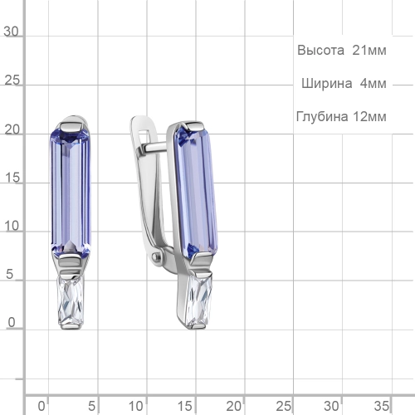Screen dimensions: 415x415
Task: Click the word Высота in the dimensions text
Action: (x=320, y=51)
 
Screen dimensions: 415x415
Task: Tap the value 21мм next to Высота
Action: (x=369, y=51)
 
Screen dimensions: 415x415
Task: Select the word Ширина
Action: (x=327, y=83)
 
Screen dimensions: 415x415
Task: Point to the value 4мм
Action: (x=373, y=83)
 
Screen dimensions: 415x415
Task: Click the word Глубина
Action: (x=322, y=116)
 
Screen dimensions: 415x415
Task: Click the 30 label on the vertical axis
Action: (x=11, y=32)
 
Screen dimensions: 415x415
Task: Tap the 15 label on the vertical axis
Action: (x=12, y=178)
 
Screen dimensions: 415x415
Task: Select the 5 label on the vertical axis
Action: (x=9, y=274)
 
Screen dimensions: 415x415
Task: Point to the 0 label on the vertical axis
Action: (x=12, y=323)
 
